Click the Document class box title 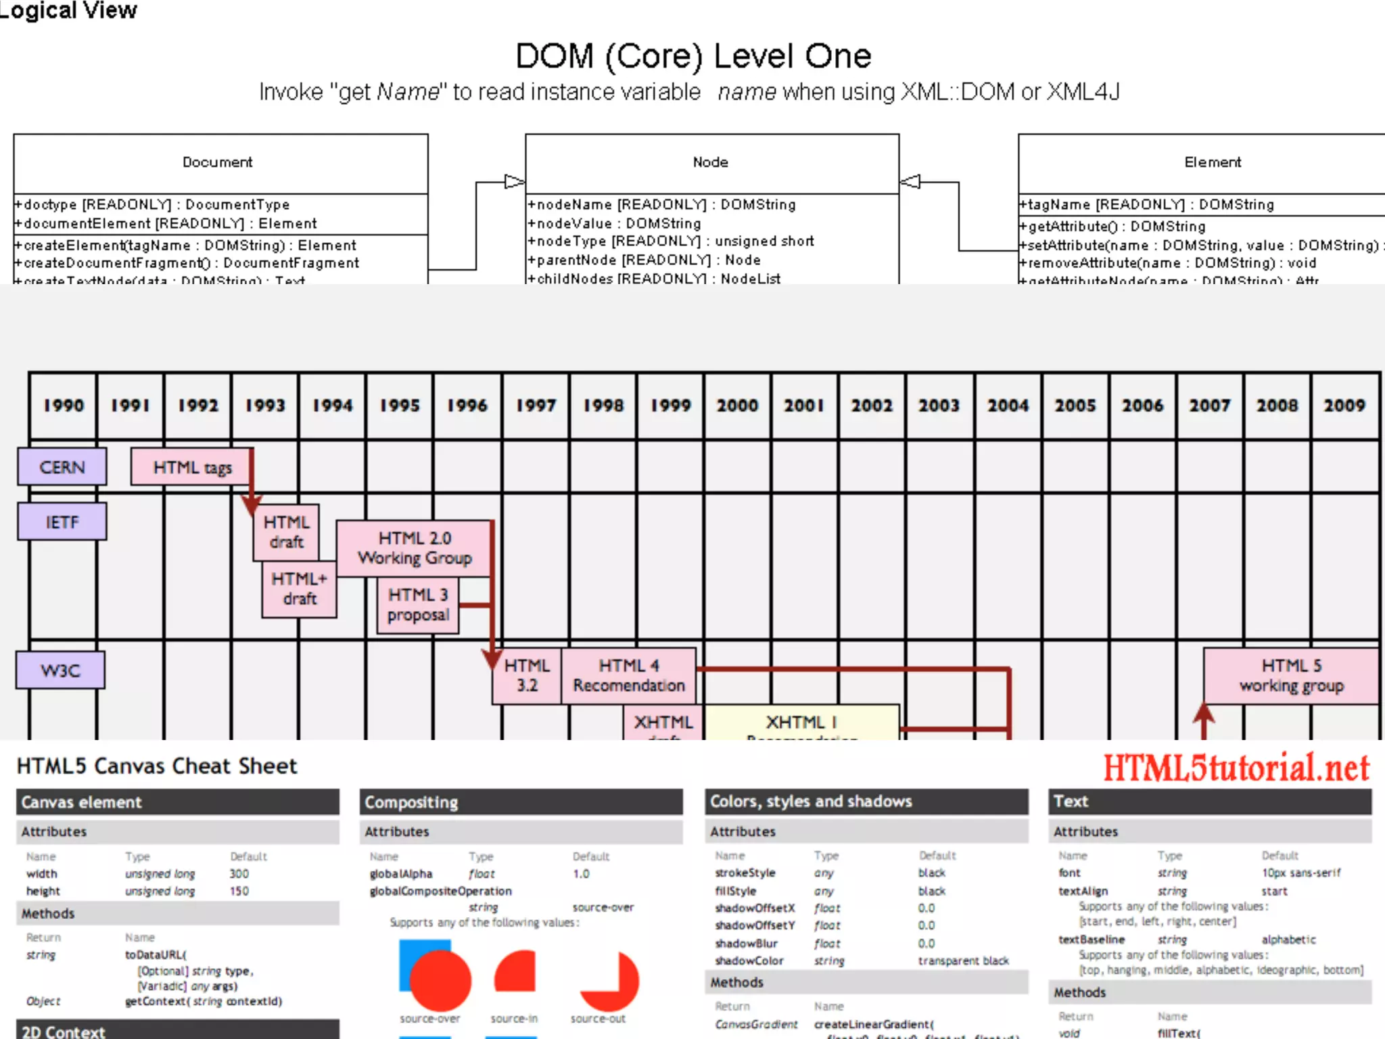217,162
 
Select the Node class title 710,162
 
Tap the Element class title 1213,162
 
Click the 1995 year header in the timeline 400,405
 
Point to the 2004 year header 1008,405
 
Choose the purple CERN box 62,467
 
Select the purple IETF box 62,522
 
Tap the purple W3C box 61,670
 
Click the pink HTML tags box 192,467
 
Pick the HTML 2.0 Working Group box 415,548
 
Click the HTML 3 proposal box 418,605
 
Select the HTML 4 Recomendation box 629,676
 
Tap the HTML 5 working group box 1291,676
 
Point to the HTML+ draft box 299,588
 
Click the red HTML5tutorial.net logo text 1236,768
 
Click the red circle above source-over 440,981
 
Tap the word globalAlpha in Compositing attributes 401,874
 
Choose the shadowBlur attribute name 747,943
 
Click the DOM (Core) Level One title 693,56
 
